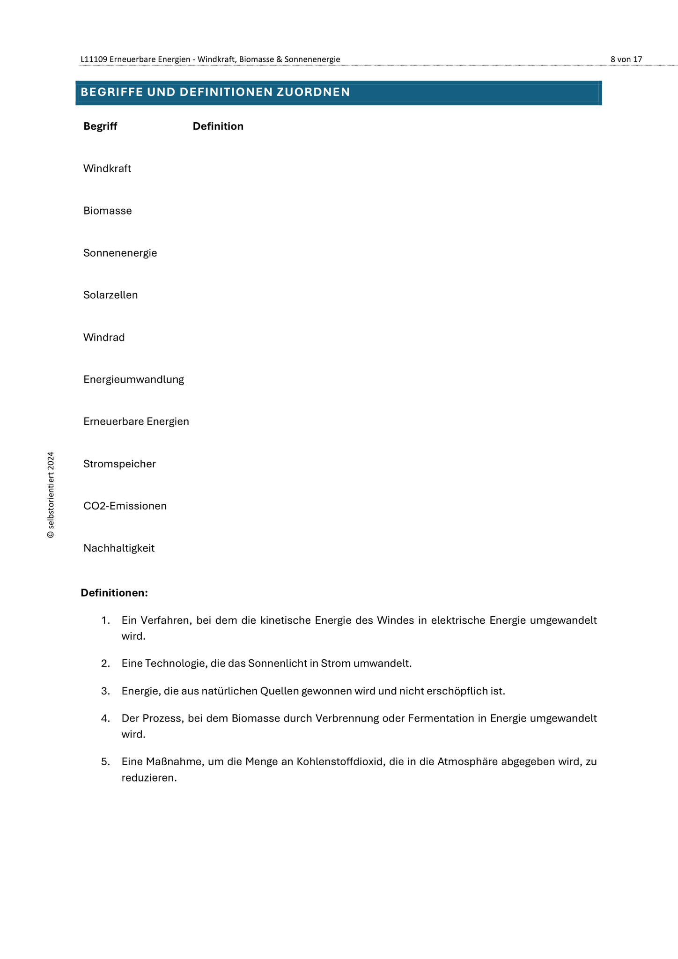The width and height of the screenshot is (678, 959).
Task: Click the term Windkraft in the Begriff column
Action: pos(107,169)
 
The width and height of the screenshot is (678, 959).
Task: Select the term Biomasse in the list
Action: pos(108,211)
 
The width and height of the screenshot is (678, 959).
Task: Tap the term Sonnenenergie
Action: pos(120,253)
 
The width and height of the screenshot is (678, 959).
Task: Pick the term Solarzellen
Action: pos(111,295)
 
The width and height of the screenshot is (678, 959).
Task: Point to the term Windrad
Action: pos(104,338)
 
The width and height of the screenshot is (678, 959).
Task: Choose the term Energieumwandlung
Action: pos(134,379)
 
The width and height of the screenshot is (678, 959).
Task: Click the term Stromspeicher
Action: pos(119,464)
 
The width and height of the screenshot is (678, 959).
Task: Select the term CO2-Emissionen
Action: pos(125,506)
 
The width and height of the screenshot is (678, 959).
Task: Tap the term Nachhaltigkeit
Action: pos(119,548)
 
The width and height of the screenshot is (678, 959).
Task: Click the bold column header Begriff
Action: pos(100,126)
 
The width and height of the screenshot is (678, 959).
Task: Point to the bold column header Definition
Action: pos(218,126)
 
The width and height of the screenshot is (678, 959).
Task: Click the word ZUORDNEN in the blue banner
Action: pos(313,92)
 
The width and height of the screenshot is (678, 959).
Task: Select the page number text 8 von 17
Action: pos(626,59)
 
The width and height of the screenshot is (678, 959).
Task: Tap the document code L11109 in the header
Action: pos(94,59)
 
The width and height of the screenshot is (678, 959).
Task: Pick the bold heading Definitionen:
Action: pos(114,593)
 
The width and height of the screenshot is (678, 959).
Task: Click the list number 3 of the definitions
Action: pos(105,691)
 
